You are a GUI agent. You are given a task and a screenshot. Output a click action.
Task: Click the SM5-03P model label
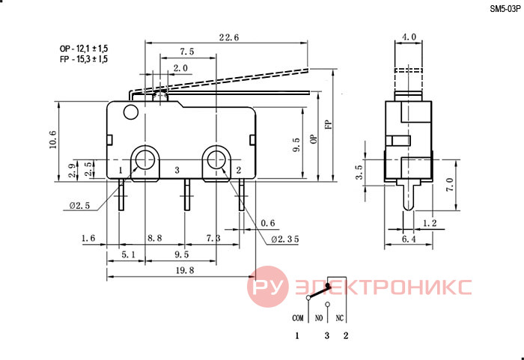[x=505, y=9]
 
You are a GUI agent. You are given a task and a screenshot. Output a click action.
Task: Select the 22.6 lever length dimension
[x=229, y=37]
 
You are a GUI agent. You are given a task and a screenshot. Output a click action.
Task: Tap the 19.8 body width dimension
[x=185, y=270]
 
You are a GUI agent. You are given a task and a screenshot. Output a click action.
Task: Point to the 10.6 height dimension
[x=53, y=139]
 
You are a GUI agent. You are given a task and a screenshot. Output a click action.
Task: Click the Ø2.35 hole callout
[x=284, y=239]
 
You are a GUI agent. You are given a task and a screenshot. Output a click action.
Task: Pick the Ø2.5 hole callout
[x=79, y=206]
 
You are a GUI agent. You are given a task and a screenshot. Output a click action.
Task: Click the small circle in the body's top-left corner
[x=131, y=112]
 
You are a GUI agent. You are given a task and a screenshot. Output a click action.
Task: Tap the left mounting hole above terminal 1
[x=145, y=159]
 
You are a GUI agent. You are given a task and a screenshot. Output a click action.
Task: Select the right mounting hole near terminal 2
[x=216, y=159]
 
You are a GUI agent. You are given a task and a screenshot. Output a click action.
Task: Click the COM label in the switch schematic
[x=298, y=318]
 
